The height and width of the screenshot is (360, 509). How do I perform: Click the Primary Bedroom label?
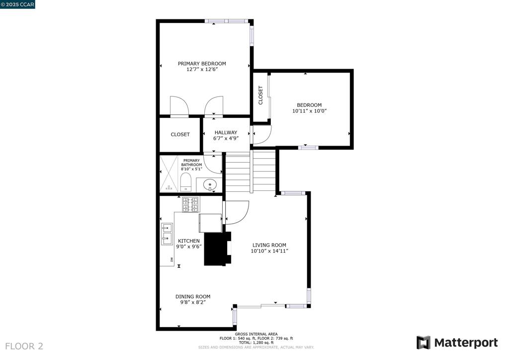click(202, 64)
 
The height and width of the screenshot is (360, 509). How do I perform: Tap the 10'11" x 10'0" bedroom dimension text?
click(309, 111)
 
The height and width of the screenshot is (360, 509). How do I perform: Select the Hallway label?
click(226, 132)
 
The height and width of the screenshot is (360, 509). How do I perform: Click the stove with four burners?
click(190, 204)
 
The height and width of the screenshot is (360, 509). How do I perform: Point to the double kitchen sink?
click(167, 234)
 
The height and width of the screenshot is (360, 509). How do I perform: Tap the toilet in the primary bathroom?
click(186, 182)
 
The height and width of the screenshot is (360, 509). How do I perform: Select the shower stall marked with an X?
click(169, 174)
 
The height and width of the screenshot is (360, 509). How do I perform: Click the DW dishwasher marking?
click(171, 260)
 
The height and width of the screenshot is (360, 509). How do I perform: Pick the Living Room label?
click(269, 245)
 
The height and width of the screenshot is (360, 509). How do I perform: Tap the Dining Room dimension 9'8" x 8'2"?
click(193, 302)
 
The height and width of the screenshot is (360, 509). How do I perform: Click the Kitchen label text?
click(188, 241)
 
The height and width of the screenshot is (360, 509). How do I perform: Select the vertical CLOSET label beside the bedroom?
click(260, 95)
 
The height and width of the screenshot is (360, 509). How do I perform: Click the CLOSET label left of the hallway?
click(180, 134)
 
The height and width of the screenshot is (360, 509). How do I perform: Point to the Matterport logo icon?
click(424, 343)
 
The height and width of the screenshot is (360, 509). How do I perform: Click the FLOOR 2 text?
click(24, 346)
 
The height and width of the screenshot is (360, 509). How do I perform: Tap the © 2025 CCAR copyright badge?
click(17, 4)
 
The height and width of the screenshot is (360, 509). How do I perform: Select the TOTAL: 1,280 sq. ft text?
click(256, 343)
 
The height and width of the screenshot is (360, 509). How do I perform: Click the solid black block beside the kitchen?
click(217, 249)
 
